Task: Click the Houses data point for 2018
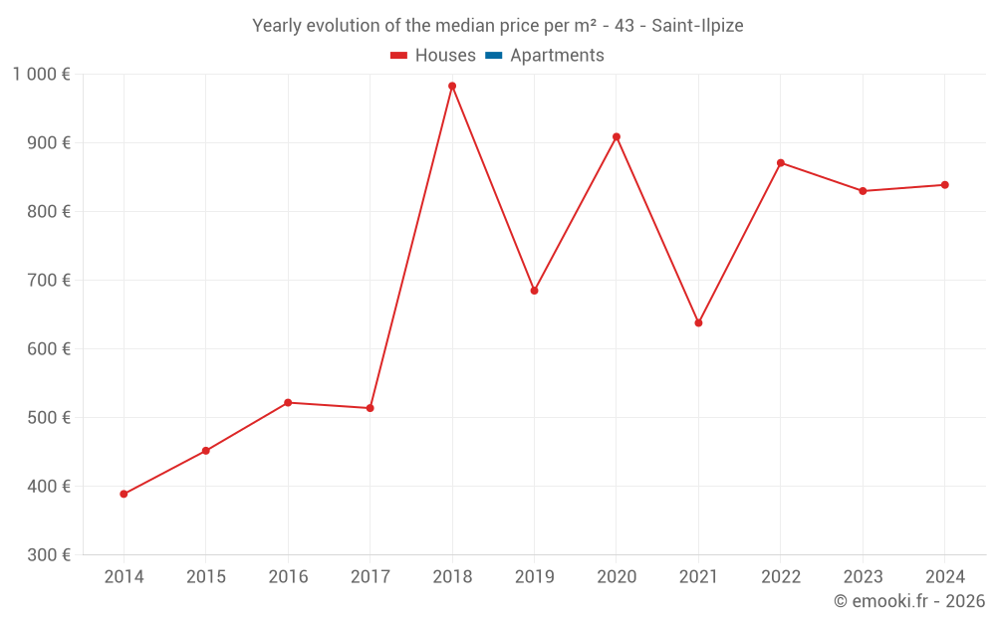(x=452, y=86)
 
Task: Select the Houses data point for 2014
(x=124, y=494)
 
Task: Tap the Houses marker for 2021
(x=698, y=322)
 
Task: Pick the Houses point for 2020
(x=617, y=136)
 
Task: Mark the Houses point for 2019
(x=534, y=291)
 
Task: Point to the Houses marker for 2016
(x=288, y=402)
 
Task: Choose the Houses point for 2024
(x=944, y=185)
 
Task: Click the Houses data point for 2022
(x=781, y=162)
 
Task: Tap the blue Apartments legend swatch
(x=493, y=56)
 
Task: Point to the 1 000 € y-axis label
(x=42, y=74)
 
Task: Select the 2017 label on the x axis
(x=370, y=577)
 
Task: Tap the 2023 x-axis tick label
(x=863, y=577)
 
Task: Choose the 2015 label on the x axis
(x=206, y=577)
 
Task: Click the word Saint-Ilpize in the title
(x=697, y=25)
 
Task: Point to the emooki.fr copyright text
(x=909, y=601)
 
